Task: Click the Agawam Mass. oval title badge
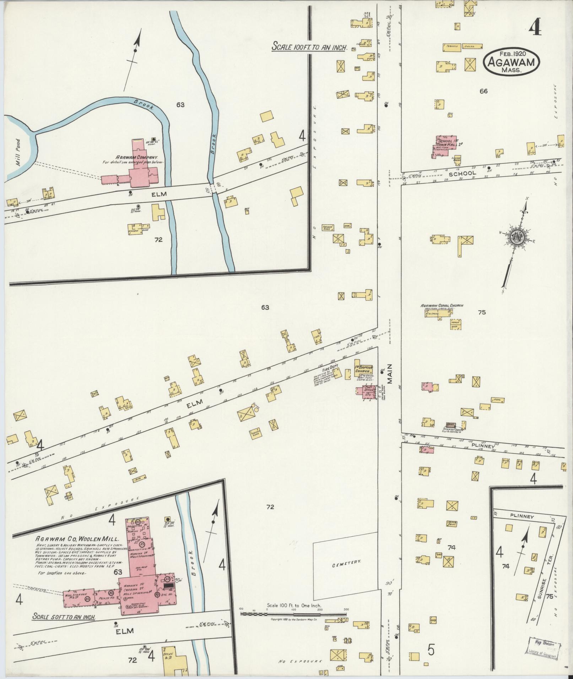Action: (x=511, y=61)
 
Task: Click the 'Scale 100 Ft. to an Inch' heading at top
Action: (x=309, y=47)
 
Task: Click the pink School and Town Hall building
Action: (x=445, y=146)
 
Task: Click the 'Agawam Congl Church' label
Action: (x=442, y=305)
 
